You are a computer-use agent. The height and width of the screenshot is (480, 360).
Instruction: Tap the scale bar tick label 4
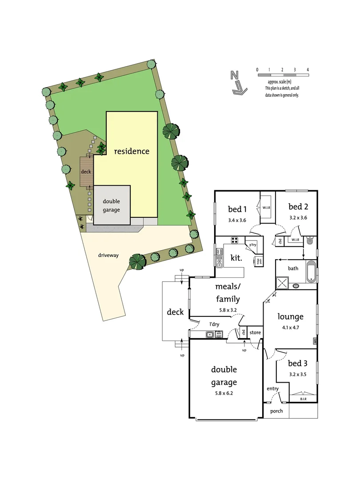click(308, 70)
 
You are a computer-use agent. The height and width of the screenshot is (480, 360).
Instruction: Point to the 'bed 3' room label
click(298, 364)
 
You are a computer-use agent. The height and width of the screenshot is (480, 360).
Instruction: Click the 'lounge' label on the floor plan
click(290, 316)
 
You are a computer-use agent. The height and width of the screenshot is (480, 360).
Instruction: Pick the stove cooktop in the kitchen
click(235, 240)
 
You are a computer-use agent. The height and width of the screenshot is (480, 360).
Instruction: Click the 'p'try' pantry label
click(252, 245)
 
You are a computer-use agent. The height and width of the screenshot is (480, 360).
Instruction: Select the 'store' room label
click(255, 332)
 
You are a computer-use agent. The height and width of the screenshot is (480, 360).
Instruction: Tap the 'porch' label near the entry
click(276, 411)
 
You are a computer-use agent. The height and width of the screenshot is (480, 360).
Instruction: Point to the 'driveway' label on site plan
click(108, 255)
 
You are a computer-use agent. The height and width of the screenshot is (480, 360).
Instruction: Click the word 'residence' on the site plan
click(132, 151)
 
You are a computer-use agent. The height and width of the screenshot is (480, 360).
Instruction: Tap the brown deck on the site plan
click(85, 172)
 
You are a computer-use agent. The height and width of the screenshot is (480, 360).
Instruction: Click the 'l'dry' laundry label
click(215, 324)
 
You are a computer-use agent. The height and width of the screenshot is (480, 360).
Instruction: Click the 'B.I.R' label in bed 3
click(303, 399)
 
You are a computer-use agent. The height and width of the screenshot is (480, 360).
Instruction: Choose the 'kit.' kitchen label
click(236, 258)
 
